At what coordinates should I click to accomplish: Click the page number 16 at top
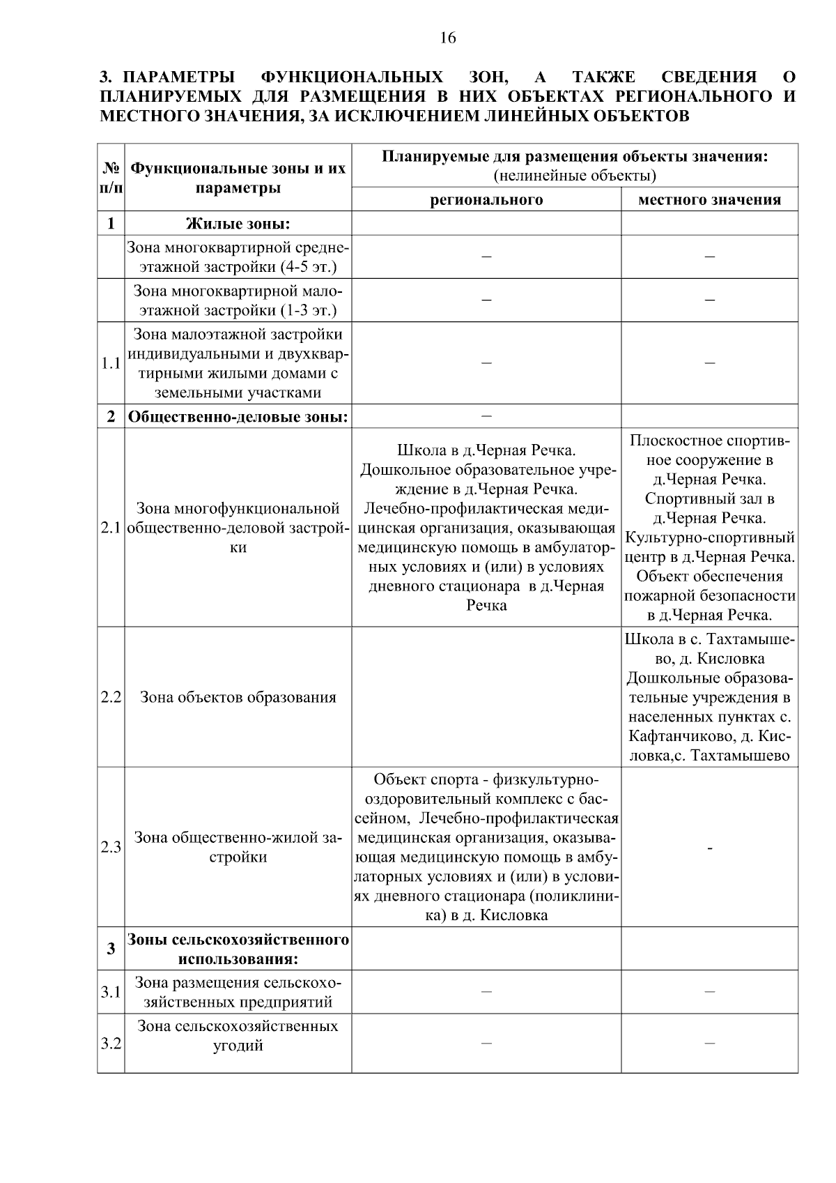[x=448, y=38]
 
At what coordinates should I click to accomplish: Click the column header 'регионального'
[x=486, y=200]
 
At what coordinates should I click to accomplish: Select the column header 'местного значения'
[x=709, y=200]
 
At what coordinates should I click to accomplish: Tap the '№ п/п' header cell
[x=111, y=178]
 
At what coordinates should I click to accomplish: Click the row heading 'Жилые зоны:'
[x=238, y=224]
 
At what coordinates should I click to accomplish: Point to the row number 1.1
[x=111, y=363]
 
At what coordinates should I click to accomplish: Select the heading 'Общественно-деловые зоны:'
[x=238, y=417]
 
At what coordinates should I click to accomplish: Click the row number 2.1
[x=111, y=528]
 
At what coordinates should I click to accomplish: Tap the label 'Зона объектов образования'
[x=238, y=697]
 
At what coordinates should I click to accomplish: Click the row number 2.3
[x=111, y=848]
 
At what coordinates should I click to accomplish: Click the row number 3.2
[x=111, y=1044]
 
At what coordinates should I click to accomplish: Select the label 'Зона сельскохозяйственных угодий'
[x=238, y=1036]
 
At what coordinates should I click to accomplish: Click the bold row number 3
[x=111, y=949]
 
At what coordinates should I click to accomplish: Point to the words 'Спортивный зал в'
[x=709, y=499]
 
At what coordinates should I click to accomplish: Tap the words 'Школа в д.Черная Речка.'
[x=486, y=450]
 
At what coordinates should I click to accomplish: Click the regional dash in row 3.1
[x=486, y=991]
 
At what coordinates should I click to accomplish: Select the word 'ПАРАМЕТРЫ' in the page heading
[x=183, y=77]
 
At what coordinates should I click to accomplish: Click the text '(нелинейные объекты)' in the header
[x=575, y=175]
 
